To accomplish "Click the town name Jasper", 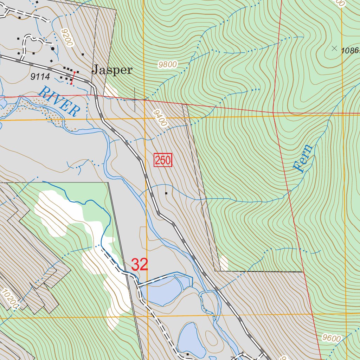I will pyautogui.click(x=112, y=70).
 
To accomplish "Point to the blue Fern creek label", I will pyautogui.click(x=303, y=158).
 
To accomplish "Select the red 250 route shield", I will pyautogui.click(x=162, y=161).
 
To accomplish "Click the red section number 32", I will pyautogui.click(x=140, y=265).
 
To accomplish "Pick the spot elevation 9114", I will pyautogui.click(x=40, y=77).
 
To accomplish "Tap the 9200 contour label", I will pyautogui.click(x=66, y=38).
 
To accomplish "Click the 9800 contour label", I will pyautogui.click(x=168, y=65).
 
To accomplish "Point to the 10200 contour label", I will pyautogui.click(x=10, y=298).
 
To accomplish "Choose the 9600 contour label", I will pyautogui.click(x=331, y=339).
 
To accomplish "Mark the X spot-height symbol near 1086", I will pyautogui.click(x=334, y=48).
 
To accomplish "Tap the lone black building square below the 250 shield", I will pyautogui.click(x=166, y=193).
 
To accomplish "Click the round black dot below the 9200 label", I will pyautogui.click(x=53, y=49).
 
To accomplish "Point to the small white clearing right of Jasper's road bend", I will pyautogui.click(x=110, y=90).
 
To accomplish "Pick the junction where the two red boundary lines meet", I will pyautogui.click(x=273, y=112).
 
